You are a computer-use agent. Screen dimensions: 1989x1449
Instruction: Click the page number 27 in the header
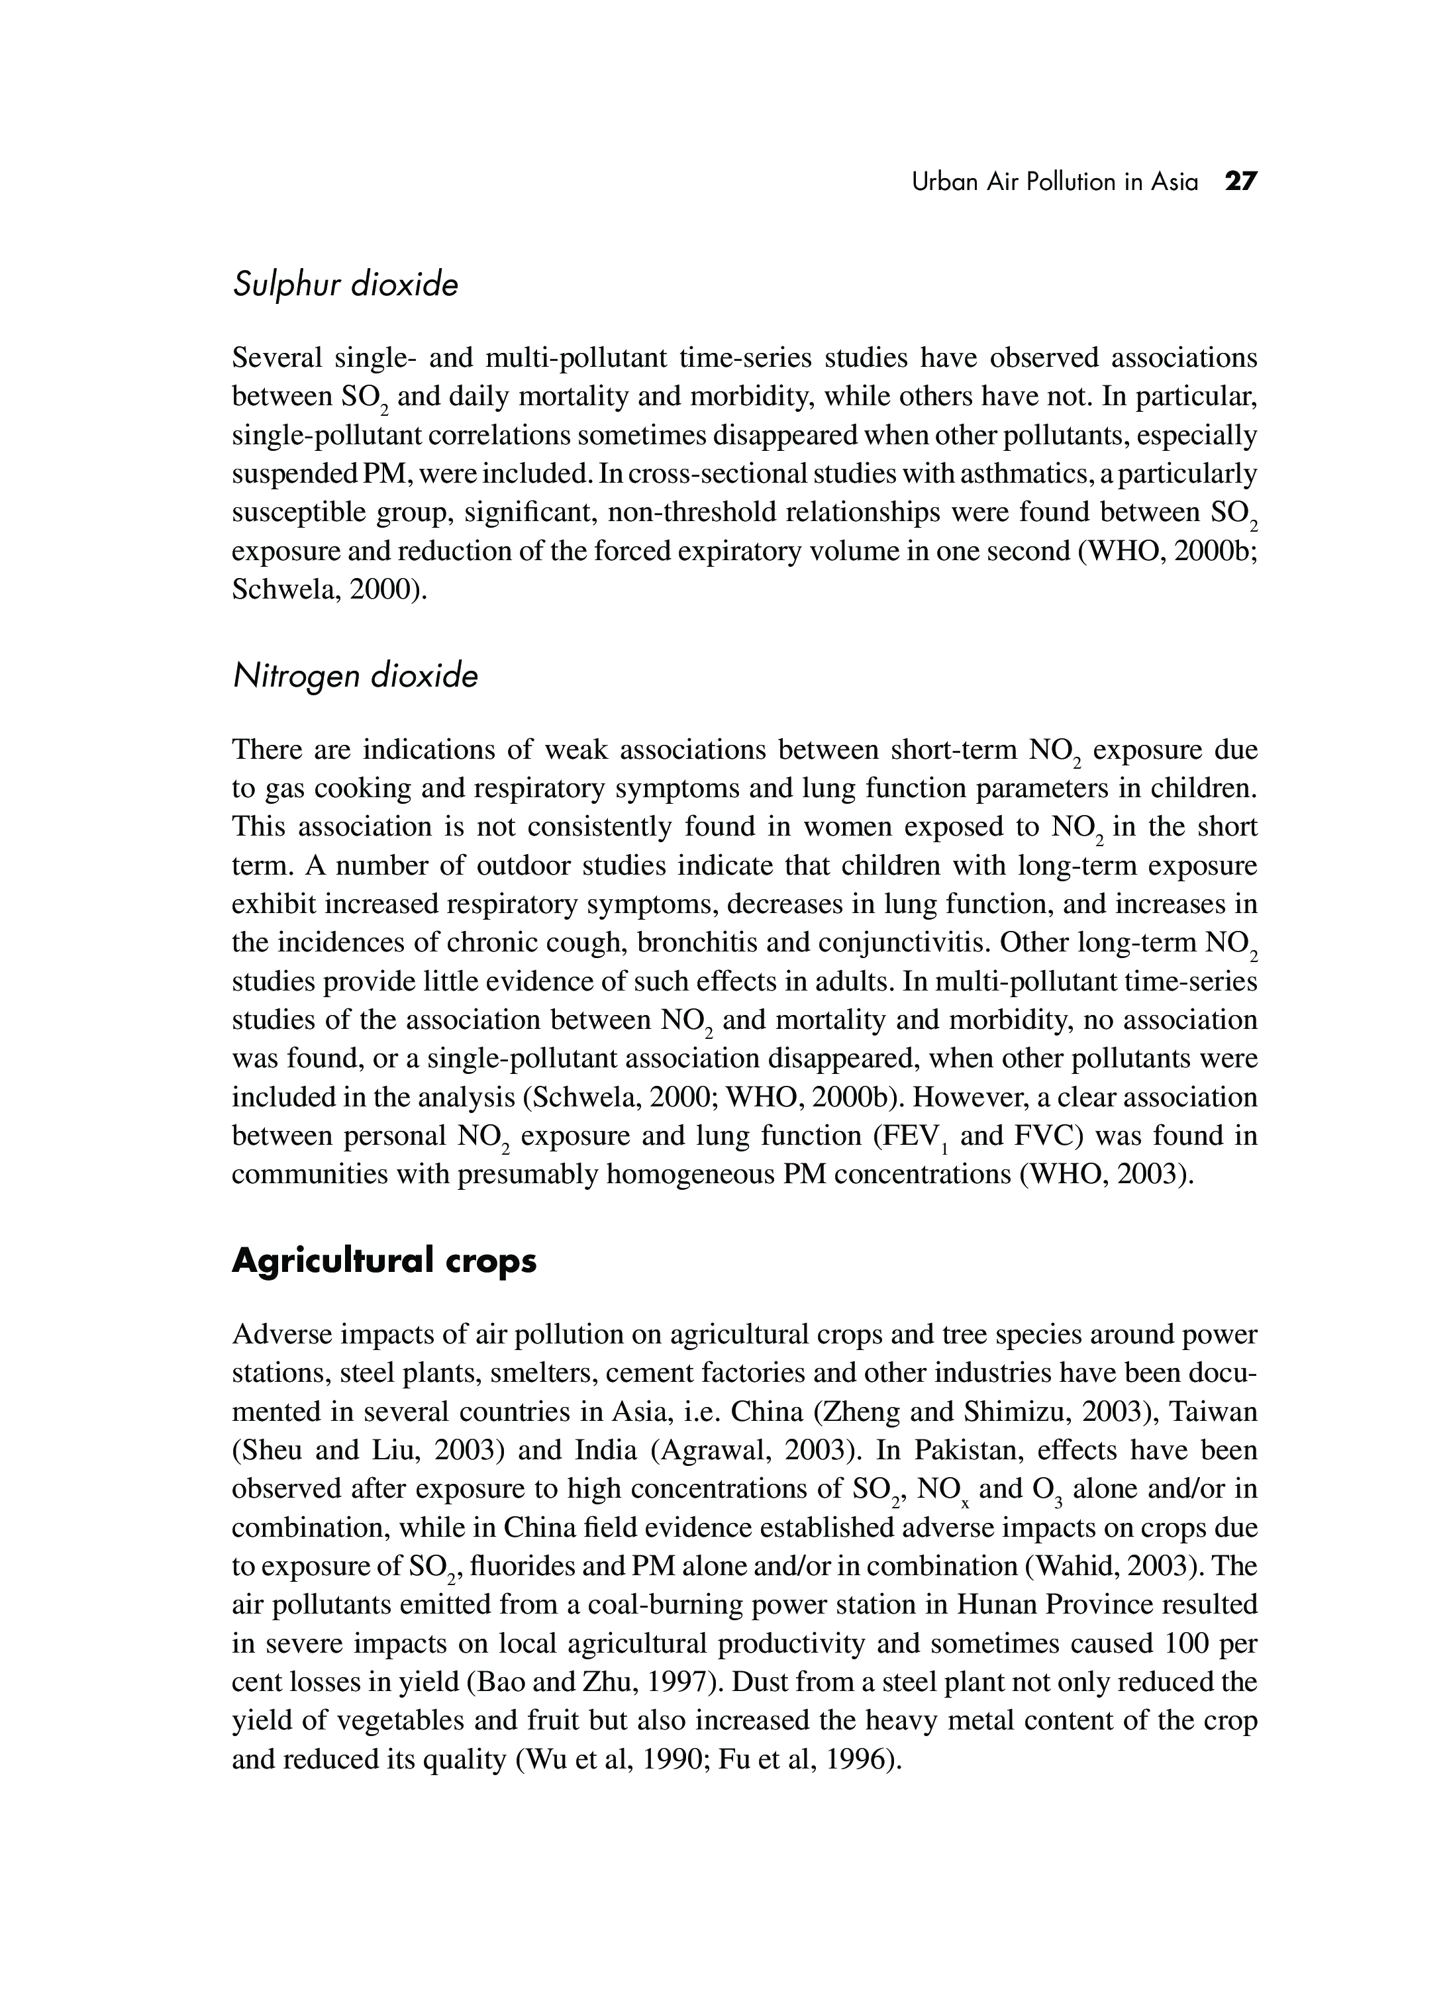[x=1241, y=181]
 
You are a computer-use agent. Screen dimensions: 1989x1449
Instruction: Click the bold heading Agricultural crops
[x=384, y=1260]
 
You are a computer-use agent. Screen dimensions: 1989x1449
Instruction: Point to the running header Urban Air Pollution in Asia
[x=1054, y=181]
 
